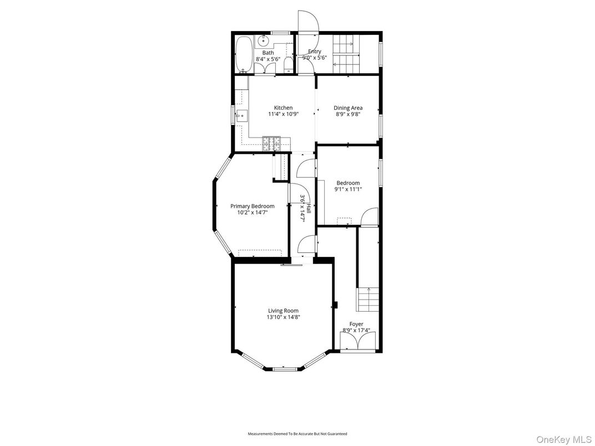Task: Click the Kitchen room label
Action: point(283,108)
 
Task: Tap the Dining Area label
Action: point(348,108)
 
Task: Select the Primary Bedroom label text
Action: point(252,206)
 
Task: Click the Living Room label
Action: point(283,311)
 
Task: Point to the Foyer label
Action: point(356,324)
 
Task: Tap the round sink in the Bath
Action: point(263,40)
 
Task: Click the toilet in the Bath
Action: point(288,65)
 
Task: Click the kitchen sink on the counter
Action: point(241,117)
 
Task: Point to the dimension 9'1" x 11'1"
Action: point(348,189)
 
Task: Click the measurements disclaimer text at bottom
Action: point(297,434)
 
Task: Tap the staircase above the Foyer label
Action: point(367,300)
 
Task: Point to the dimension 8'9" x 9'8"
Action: point(348,114)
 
